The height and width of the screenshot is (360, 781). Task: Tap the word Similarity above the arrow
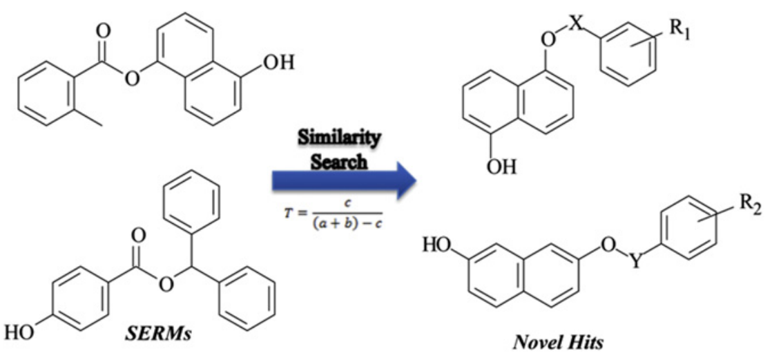pyautogui.click(x=339, y=138)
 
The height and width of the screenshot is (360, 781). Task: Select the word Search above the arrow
pyautogui.click(x=339, y=160)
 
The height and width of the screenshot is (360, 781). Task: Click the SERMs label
pyautogui.click(x=158, y=334)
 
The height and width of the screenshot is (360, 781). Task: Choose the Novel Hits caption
pyautogui.click(x=558, y=342)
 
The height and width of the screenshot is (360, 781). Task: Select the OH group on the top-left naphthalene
pyautogui.click(x=279, y=63)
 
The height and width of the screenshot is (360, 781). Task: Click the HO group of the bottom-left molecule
pyautogui.click(x=19, y=332)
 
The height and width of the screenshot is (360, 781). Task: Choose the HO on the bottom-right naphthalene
pyautogui.click(x=437, y=245)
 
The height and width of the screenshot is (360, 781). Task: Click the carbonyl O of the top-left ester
pyautogui.click(x=103, y=31)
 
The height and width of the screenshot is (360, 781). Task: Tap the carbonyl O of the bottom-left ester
pyautogui.click(x=139, y=236)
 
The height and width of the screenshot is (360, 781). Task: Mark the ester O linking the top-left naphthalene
pyautogui.click(x=131, y=79)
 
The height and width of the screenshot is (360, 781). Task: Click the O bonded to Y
pyautogui.click(x=608, y=245)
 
